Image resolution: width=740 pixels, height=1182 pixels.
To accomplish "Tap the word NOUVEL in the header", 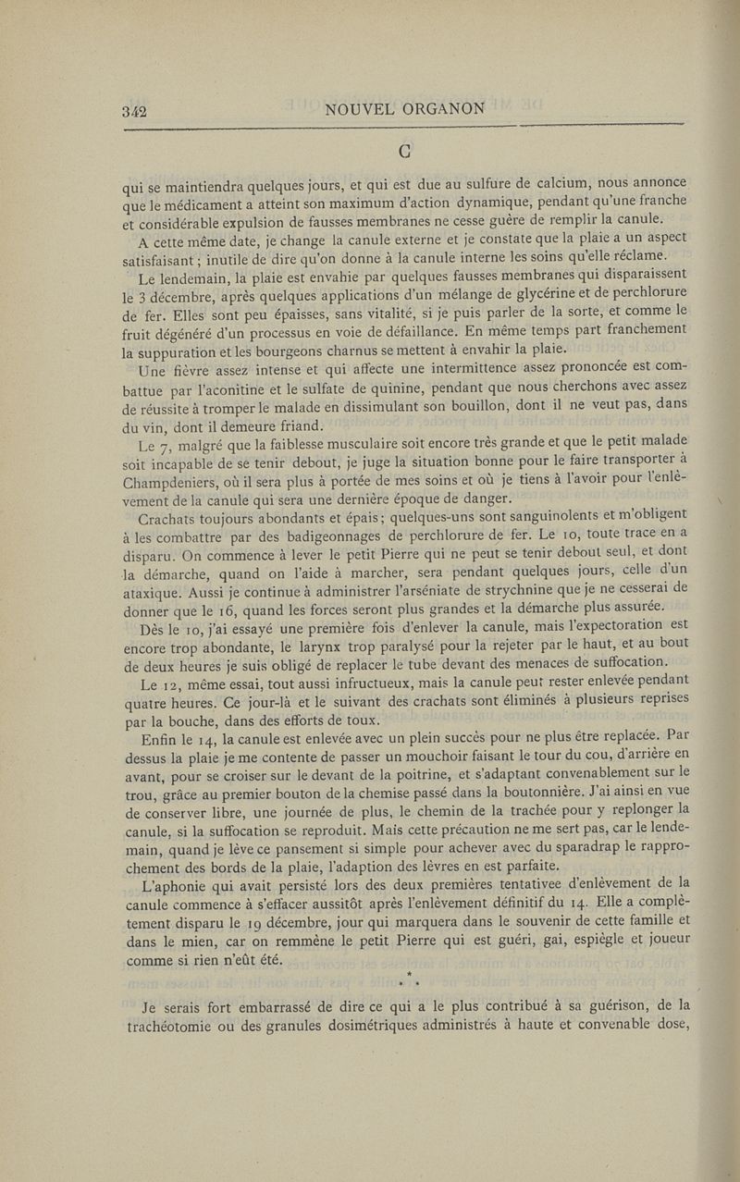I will (x=361, y=109).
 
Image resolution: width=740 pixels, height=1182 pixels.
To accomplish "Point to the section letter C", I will (x=404, y=150).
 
